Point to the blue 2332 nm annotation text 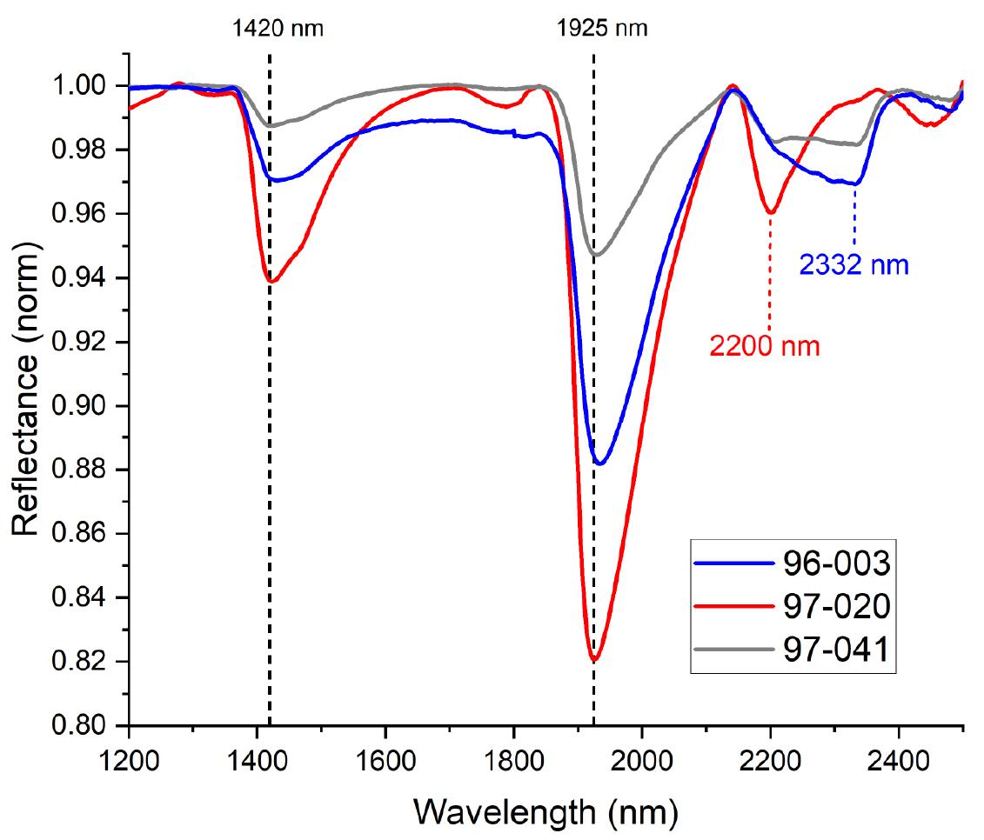[854, 264]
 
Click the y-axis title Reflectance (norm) [26, 391]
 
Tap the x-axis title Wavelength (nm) [546, 813]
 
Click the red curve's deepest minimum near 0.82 [594, 660]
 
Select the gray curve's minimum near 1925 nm [597, 255]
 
